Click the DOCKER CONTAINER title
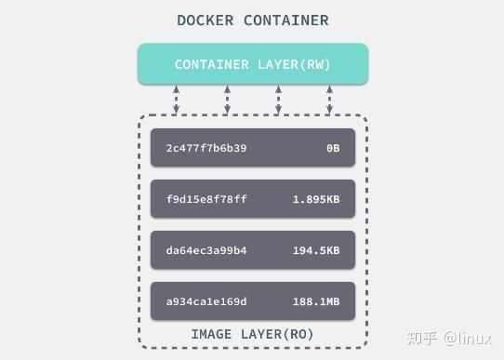[x=252, y=20]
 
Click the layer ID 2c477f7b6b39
[x=206, y=148]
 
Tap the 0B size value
[x=331, y=148]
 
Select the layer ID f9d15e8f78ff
[x=206, y=199]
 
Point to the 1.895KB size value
[x=315, y=199]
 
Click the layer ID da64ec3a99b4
[x=206, y=250]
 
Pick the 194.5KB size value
[x=315, y=250]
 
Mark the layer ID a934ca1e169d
[x=206, y=301]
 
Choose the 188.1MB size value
[x=315, y=301]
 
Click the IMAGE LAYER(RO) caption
[x=253, y=333]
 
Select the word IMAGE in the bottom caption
[x=212, y=333]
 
